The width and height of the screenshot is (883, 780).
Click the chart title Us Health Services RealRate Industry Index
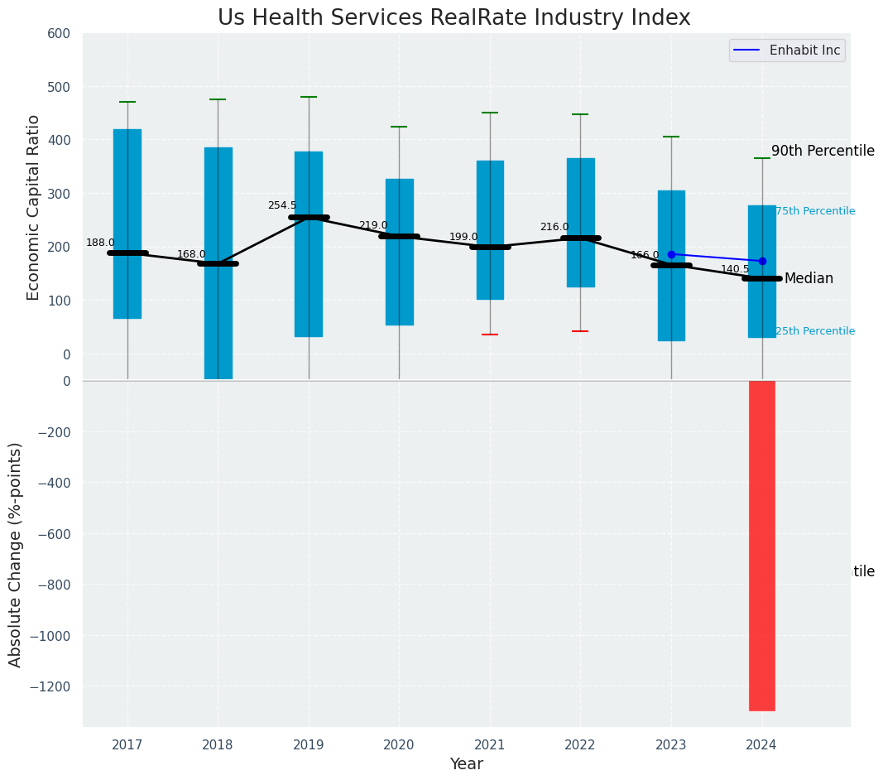pos(453,18)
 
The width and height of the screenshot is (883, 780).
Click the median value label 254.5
pos(281,205)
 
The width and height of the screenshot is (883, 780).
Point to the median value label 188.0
pos(100,243)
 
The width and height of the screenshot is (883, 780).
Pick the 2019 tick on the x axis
pos(309,744)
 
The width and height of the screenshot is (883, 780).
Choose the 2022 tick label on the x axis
pos(580,744)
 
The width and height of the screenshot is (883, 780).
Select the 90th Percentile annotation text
pos(823,151)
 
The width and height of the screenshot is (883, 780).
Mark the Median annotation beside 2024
pos(809,279)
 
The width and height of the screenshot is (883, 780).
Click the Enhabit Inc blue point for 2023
pos(671,254)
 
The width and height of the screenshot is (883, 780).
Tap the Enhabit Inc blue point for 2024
pos(762,261)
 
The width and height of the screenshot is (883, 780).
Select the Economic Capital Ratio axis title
pos(34,207)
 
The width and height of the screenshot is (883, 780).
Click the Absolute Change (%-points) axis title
pos(16,554)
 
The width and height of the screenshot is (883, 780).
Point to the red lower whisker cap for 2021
pos(490,335)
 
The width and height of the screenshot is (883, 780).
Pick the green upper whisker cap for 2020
pos(399,127)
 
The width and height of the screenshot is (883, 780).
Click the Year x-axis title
pos(466,764)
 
